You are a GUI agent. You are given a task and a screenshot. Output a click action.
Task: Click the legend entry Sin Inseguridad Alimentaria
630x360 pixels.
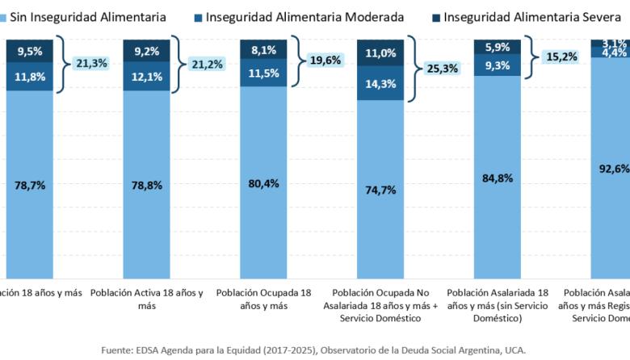coord(89,16)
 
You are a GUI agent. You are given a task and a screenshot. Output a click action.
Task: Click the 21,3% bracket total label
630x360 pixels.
coord(92,63)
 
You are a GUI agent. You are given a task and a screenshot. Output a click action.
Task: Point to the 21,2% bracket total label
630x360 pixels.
coord(208,63)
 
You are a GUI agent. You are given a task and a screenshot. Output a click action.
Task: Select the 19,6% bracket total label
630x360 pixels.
coord(322,58)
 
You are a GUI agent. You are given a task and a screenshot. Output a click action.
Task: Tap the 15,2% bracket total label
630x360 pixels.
coord(556,57)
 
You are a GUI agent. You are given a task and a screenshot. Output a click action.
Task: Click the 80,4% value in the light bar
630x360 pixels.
coord(263,183)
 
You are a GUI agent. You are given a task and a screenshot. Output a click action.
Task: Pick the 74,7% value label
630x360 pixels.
coord(380,190)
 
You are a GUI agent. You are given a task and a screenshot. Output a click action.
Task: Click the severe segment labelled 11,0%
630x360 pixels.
coord(380,52)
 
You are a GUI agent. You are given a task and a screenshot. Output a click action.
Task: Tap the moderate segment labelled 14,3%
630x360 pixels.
coord(380,83)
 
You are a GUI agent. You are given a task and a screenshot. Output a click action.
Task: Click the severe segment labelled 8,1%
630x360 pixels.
coord(263,48)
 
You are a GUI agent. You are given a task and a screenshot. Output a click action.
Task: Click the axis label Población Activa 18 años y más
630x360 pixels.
coord(146,299)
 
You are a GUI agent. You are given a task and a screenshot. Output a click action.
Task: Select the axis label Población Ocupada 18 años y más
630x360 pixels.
coord(263,299)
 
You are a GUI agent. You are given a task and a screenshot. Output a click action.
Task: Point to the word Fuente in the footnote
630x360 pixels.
coord(119,350)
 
